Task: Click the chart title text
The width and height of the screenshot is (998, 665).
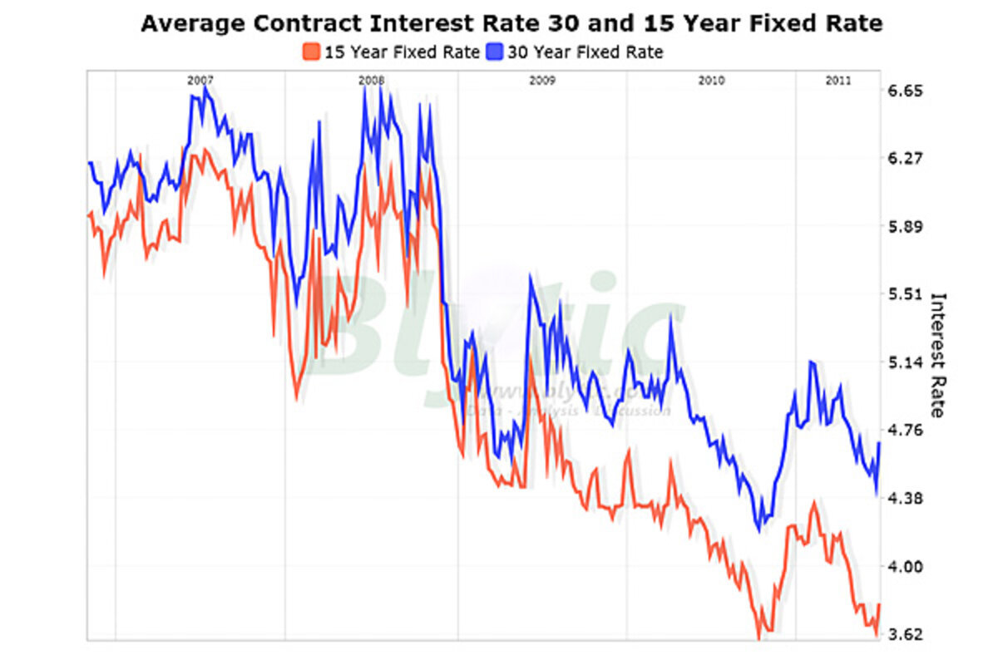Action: [x=511, y=23]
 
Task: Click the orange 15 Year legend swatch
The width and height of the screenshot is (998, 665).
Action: [x=312, y=52]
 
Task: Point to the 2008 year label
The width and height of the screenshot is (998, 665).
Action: [x=371, y=81]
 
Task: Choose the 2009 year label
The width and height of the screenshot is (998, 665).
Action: [x=542, y=81]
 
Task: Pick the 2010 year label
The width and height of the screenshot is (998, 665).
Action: [x=712, y=81]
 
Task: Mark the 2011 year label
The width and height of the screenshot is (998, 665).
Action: [x=837, y=81]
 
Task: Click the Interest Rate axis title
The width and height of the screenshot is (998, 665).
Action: [x=938, y=354]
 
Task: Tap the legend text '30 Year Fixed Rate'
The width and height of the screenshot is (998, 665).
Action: [x=585, y=52]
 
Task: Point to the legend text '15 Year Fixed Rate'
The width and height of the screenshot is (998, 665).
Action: [x=402, y=52]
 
